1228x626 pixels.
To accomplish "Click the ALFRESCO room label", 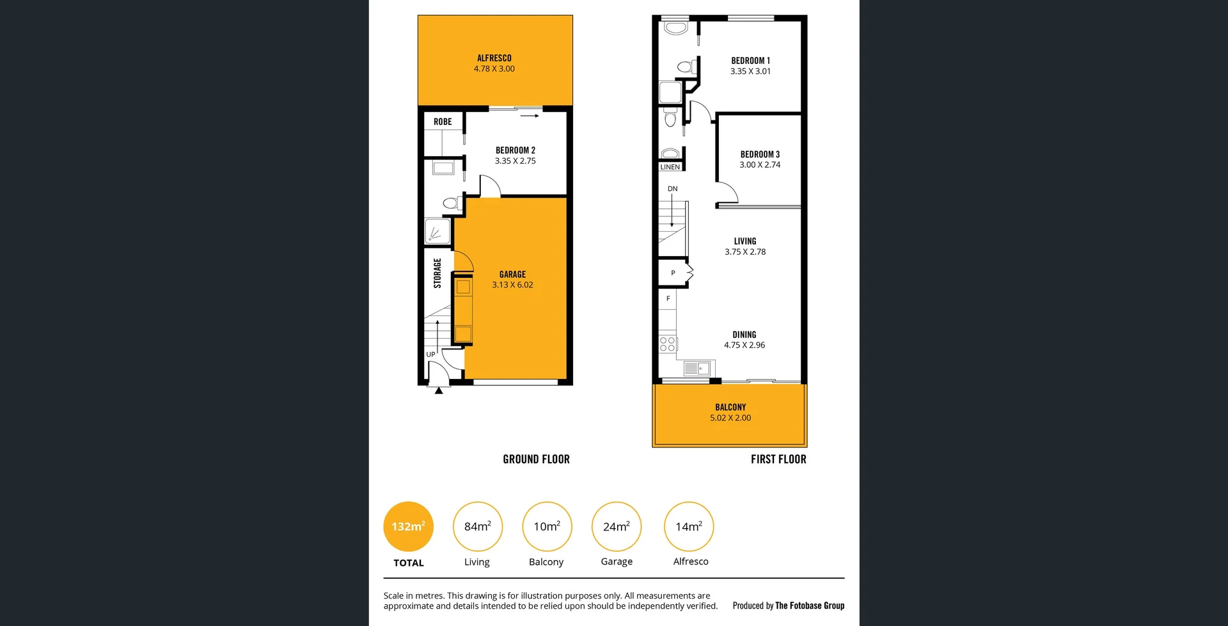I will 494,58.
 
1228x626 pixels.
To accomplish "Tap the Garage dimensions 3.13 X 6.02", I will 512,285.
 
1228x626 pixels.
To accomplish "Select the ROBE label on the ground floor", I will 443,122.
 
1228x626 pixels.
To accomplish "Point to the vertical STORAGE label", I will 437,273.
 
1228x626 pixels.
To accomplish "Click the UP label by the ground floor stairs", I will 430,354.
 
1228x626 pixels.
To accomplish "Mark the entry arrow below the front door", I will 439,390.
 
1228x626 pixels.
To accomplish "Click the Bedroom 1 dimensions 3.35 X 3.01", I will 750,71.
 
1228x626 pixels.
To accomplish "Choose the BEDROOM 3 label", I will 760,154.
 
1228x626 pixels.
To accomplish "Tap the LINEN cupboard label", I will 670,167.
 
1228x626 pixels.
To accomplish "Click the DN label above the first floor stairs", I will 672,189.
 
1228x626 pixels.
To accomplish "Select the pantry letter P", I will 673,273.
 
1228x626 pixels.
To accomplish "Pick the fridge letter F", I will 668,298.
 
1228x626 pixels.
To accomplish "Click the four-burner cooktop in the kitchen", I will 667,344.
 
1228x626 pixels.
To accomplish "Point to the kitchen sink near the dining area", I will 697,368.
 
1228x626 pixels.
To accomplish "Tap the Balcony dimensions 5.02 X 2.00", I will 730,418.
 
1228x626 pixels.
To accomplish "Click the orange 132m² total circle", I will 408,526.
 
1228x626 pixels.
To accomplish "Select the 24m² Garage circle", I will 617,526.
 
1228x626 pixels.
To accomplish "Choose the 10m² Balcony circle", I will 547,526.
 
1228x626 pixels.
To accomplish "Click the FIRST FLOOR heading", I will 778,459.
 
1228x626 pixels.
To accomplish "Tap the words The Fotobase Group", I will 810,606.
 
